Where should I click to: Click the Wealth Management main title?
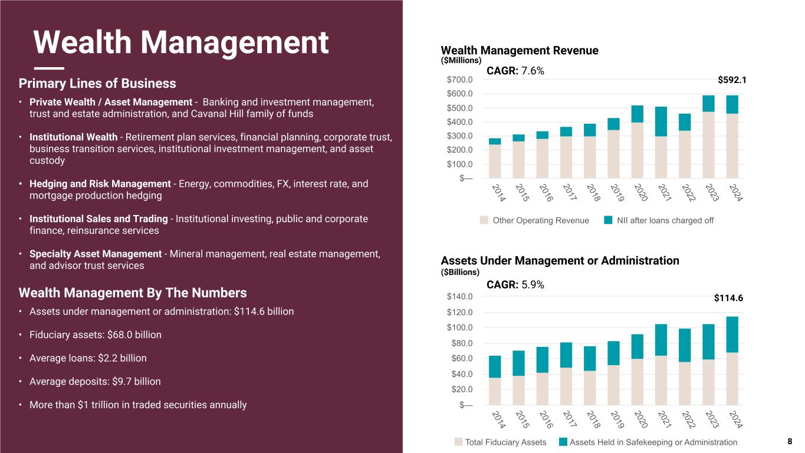[180, 42]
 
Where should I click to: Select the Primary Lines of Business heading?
[97, 83]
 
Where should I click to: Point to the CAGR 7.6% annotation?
[515, 71]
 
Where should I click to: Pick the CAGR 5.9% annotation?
[515, 285]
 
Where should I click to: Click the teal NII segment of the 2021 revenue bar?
[661, 121]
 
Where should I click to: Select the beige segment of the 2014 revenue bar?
[495, 161]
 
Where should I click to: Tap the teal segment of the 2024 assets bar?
[732, 335]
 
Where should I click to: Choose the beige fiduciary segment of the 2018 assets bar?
[590, 388]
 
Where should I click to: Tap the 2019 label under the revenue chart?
[615, 193]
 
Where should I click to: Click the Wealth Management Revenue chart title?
[520, 51]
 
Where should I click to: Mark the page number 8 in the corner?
[790, 441]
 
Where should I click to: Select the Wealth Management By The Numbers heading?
[133, 293]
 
